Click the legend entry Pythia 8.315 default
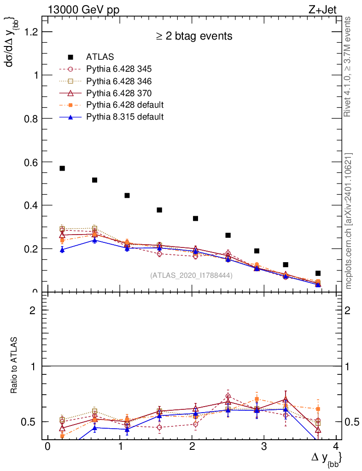[125, 117]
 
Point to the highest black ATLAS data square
[62, 168]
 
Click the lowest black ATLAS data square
[318, 273]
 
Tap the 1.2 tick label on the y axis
[31, 32]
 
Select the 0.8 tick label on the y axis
[31, 119]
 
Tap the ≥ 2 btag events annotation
[194, 36]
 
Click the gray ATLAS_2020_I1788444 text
[191, 275]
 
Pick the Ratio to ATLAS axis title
[14, 366]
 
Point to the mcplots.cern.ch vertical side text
[349, 221]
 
